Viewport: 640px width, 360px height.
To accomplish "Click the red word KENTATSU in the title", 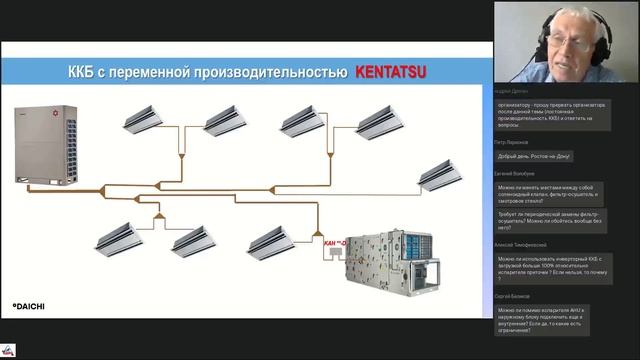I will [x=392, y=74].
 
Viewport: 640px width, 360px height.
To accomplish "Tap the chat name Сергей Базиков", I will [x=516, y=296].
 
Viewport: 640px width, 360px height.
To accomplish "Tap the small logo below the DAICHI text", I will [x=9, y=349].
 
